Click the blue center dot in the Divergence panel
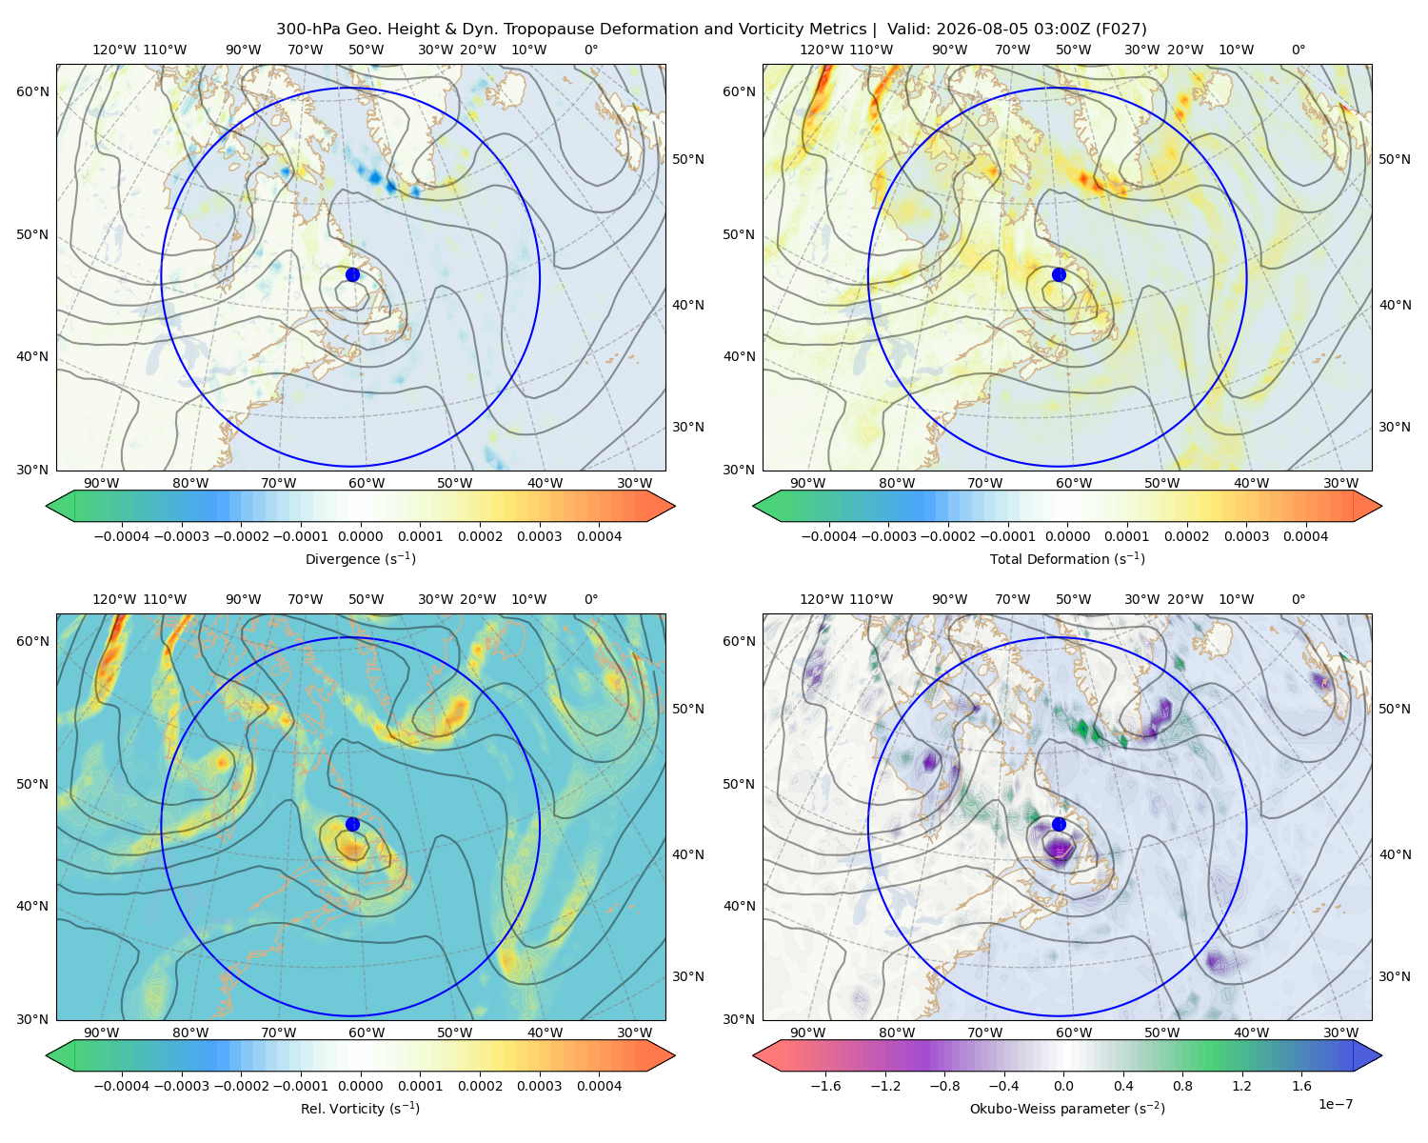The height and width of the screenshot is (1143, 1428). (352, 275)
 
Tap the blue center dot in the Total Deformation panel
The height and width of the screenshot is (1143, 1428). (1059, 275)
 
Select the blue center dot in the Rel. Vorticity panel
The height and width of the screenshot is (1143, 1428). (352, 824)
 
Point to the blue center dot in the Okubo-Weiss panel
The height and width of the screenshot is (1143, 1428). (1059, 824)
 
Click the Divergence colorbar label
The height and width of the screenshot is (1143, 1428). (360, 559)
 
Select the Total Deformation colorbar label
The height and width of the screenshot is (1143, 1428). (1067, 559)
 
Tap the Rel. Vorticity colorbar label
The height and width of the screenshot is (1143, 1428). (360, 1109)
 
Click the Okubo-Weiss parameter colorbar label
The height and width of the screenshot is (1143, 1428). (1067, 1109)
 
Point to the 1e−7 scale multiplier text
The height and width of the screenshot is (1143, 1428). (1335, 1104)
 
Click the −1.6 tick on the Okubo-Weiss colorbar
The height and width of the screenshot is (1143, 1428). (825, 1086)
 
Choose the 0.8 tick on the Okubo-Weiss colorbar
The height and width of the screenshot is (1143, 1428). (1182, 1086)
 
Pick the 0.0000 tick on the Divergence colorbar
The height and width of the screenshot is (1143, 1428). (360, 536)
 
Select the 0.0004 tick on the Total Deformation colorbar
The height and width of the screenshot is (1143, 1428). (1306, 536)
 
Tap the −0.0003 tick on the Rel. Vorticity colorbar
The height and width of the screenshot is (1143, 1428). (181, 1086)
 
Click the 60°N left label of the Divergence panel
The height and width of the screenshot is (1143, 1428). (32, 91)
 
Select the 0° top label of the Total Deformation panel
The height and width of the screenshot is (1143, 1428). (1299, 50)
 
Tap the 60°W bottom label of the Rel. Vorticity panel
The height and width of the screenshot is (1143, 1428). (367, 1033)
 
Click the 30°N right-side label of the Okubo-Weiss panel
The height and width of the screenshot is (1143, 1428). (1395, 976)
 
